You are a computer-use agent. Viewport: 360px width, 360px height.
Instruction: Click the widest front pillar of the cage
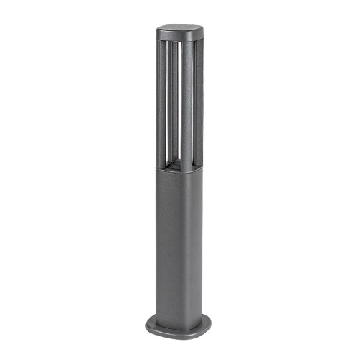[185, 101]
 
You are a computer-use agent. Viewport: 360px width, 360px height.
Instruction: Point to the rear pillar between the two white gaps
[170, 94]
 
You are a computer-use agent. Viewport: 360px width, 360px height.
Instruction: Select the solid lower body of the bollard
[178, 238]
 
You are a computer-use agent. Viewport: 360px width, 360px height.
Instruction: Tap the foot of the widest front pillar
[185, 167]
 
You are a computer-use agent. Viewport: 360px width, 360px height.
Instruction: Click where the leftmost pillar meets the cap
[159, 40]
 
